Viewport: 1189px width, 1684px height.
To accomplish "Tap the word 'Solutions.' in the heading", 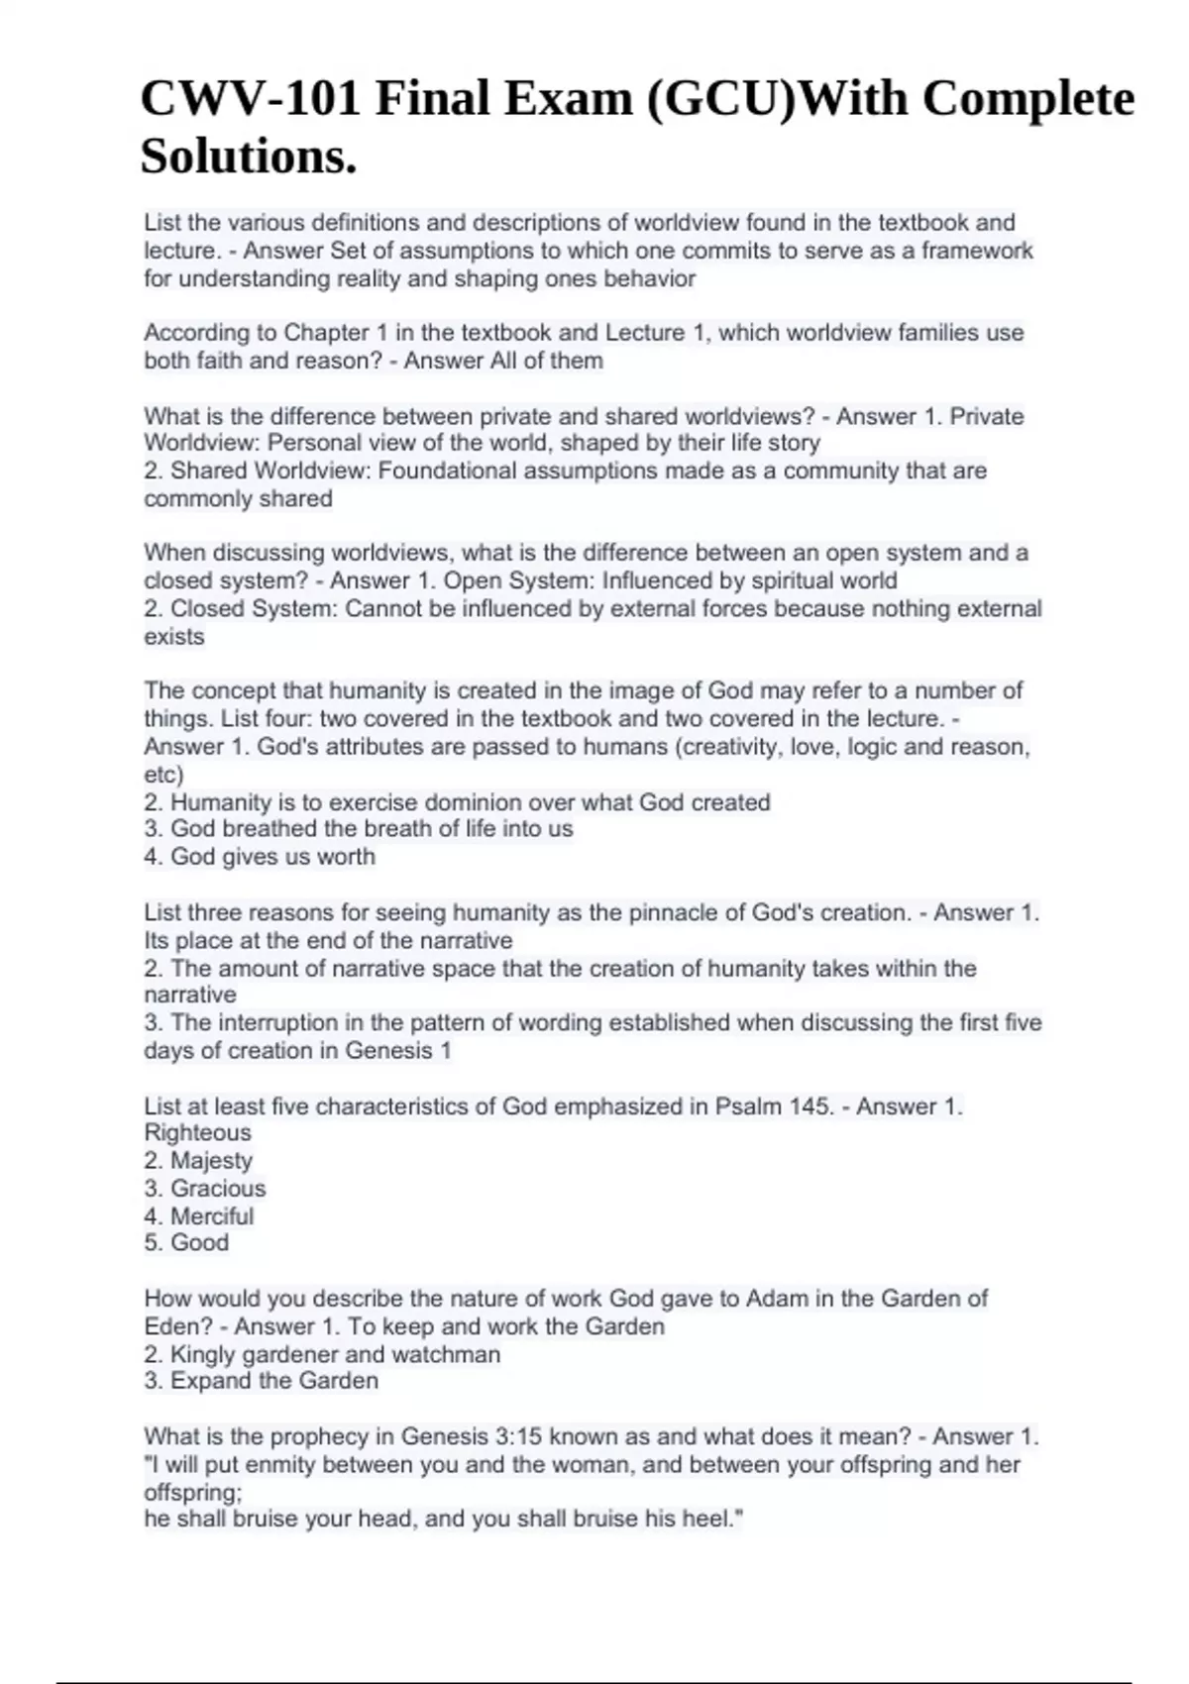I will [249, 157].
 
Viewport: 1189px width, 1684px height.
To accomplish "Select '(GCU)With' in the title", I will [721, 99].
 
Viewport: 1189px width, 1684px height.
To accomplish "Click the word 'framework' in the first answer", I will [977, 251].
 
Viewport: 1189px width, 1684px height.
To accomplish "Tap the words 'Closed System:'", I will [254, 608].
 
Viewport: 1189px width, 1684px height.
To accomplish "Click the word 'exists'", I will [174, 636].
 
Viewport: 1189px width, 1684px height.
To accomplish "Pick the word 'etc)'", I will [164, 775].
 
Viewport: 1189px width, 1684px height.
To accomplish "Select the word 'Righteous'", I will [197, 1133].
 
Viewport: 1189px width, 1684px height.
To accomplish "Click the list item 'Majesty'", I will [211, 1161].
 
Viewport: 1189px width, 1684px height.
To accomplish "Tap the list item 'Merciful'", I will [212, 1216].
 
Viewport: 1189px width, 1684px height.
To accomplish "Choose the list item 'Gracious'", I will [218, 1189].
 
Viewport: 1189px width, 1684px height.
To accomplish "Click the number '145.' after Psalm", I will [811, 1106].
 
